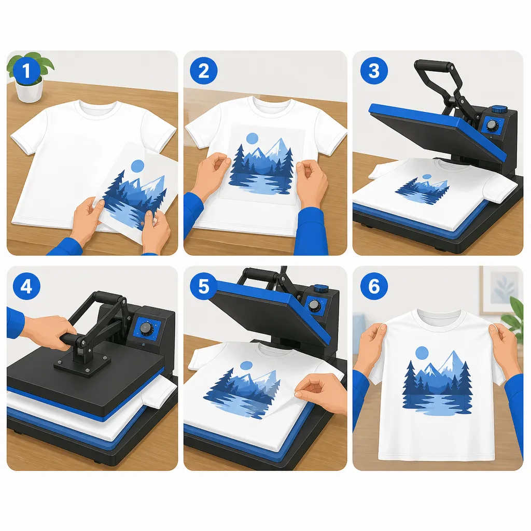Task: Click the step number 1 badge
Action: [26, 71]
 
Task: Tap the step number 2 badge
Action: [203, 71]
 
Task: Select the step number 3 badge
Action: [374, 71]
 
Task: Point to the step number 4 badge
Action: [26, 286]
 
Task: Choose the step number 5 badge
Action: [203, 286]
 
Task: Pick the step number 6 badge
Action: [374, 286]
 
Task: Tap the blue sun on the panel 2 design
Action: [253, 138]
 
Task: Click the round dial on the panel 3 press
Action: [491, 125]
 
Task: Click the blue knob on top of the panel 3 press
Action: [499, 109]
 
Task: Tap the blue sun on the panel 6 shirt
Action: [422, 353]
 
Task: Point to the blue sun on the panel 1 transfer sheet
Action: [137, 166]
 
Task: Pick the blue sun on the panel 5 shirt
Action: [246, 366]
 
